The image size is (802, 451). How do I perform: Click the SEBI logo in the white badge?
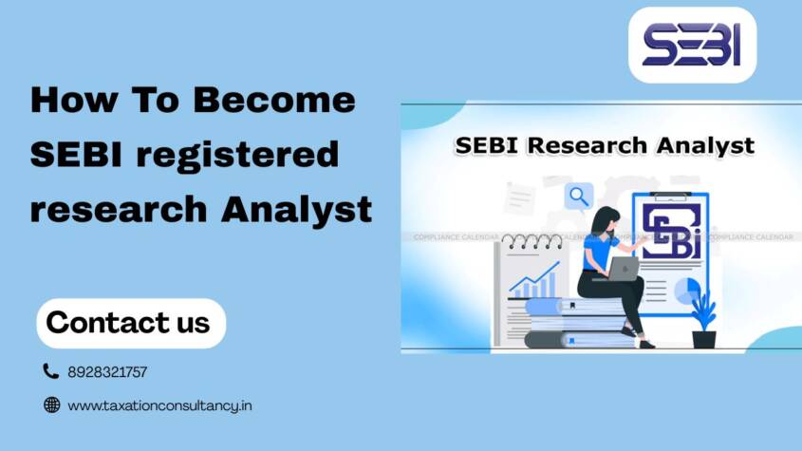(692, 45)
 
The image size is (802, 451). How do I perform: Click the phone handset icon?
(51, 371)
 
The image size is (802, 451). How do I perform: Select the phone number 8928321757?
(107, 372)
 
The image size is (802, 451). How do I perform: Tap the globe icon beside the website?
(51, 405)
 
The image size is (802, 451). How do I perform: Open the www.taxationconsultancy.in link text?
(159, 405)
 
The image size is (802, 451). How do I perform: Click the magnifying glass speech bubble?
(577, 197)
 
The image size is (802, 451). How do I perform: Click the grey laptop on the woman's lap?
(622, 270)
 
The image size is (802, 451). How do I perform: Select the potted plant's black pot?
(703, 337)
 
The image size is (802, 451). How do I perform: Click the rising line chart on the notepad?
(534, 280)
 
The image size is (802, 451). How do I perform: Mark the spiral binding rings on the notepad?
(533, 241)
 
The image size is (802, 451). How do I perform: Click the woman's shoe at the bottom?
(646, 344)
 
